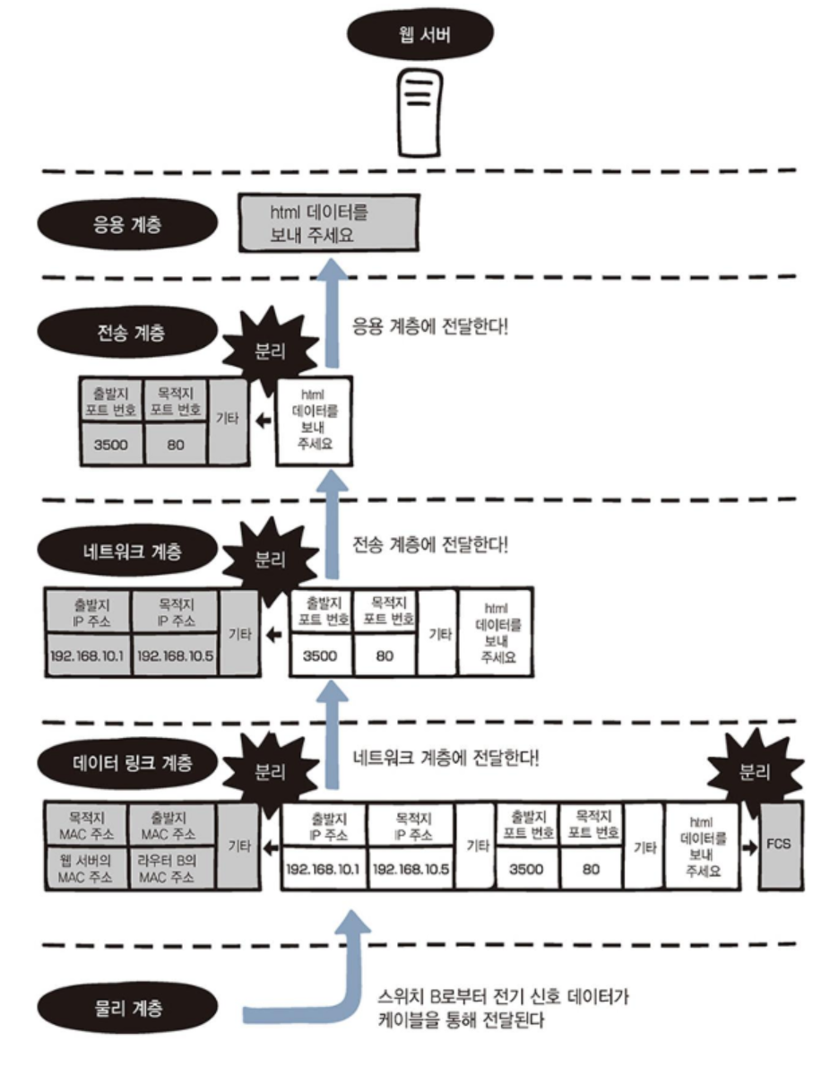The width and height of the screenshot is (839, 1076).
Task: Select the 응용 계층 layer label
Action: pyautogui.click(x=128, y=223)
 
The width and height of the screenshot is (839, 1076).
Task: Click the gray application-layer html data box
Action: pyautogui.click(x=328, y=223)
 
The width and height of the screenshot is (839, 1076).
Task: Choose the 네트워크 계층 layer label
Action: pyautogui.click(x=128, y=550)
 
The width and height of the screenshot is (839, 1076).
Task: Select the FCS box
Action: pyautogui.click(x=780, y=845)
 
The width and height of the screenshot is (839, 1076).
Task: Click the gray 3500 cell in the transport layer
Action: pyautogui.click(x=110, y=443)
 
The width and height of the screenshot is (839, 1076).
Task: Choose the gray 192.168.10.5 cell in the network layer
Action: pyautogui.click(x=175, y=655)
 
